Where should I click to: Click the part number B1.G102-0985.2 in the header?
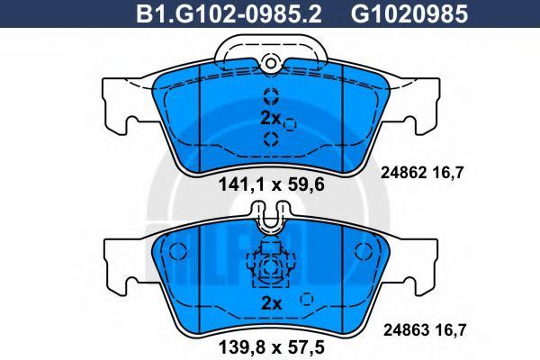point(229,13)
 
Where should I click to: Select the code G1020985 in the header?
point(409,13)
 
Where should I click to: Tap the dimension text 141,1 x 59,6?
point(272,185)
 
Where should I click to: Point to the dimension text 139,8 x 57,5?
point(272,348)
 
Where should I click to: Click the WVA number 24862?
point(403,172)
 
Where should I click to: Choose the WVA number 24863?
point(407,330)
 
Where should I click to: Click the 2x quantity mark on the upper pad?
point(271,119)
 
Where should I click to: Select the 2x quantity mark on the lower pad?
point(272,304)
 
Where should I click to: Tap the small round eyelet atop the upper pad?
point(271,63)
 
